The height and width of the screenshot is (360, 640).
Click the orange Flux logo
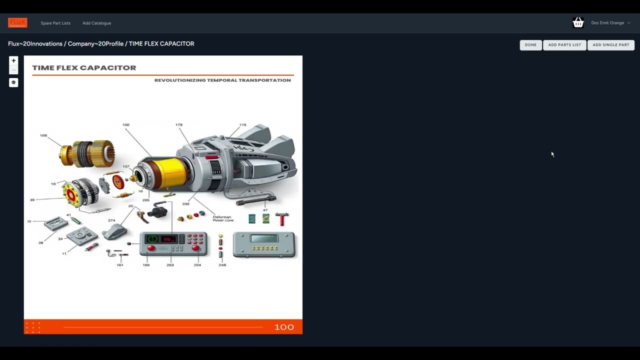tap(17, 22)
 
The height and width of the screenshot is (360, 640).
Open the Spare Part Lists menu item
tap(55, 23)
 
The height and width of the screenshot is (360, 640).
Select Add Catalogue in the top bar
tap(96, 23)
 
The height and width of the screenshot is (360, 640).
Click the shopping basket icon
tap(578, 22)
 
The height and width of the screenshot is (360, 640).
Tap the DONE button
tap(530, 45)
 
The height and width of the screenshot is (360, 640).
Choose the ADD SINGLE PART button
tap(610, 45)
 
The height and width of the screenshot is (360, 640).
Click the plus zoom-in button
tap(13, 60)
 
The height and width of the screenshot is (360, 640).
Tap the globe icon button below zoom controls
tap(13, 82)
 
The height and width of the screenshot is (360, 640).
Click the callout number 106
tap(43, 135)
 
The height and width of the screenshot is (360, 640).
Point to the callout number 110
tap(242, 125)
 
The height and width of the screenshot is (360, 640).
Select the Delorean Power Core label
tap(223, 218)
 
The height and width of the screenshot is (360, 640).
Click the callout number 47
tap(265, 210)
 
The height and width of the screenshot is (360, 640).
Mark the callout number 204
tap(197, 265)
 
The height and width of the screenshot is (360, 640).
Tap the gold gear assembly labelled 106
tap(87, 153)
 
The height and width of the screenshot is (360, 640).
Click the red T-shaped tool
tap(283, 218)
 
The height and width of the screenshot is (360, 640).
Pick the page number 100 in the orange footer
tap(283, 327)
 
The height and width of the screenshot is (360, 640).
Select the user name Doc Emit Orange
tap(607, 23)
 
